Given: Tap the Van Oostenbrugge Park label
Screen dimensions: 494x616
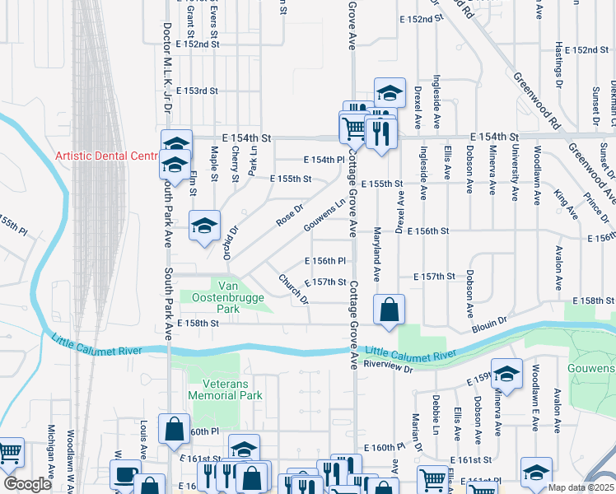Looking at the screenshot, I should (x=216, y=296).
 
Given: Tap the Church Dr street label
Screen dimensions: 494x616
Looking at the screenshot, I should (x=293, y=289).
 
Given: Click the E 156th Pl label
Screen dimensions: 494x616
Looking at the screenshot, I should (x=324, y=261).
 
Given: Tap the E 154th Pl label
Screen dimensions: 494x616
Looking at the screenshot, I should (x=324, y=160).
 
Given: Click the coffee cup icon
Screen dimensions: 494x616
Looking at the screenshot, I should (x=125, y=475).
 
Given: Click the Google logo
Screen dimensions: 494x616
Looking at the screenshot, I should (x=27, y=484).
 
